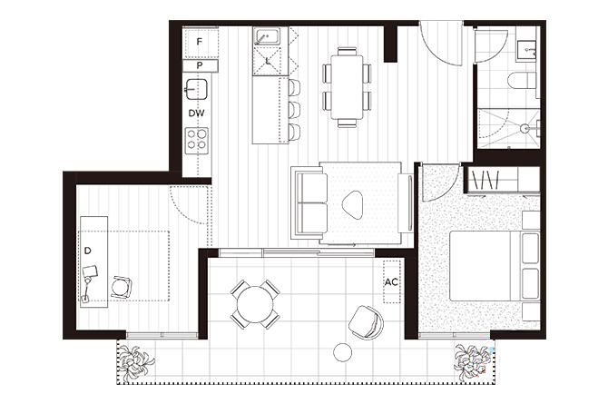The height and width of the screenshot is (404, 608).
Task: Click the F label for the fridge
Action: point(200,42)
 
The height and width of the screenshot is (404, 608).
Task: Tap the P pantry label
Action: point(200,65)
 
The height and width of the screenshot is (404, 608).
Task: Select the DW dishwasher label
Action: point(196,113)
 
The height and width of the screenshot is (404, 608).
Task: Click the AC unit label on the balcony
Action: point(391,281)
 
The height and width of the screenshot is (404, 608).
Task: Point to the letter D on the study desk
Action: point(88,251)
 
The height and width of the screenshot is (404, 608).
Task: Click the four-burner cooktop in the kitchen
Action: point(197,140)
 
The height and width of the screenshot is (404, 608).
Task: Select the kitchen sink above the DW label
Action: point(196,89)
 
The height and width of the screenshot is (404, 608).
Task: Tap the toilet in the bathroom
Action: point(522,80)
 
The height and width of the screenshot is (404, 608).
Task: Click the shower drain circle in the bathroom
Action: point(525,127)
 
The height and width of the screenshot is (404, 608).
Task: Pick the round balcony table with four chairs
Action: point(255,304)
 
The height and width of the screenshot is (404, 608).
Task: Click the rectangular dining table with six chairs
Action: point(347,87)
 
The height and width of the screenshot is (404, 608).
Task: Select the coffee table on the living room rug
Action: point(352,204)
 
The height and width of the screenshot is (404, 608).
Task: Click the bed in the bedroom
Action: point(495,266)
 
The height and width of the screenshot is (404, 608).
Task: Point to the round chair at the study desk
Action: point(122,288)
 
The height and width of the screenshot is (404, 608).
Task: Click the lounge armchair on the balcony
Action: point(366,321)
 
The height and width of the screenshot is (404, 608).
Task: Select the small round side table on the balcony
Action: point(343,353)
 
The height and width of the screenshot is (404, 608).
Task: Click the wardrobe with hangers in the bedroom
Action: point(504,179)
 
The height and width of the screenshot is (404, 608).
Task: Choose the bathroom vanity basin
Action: point(526,50)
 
